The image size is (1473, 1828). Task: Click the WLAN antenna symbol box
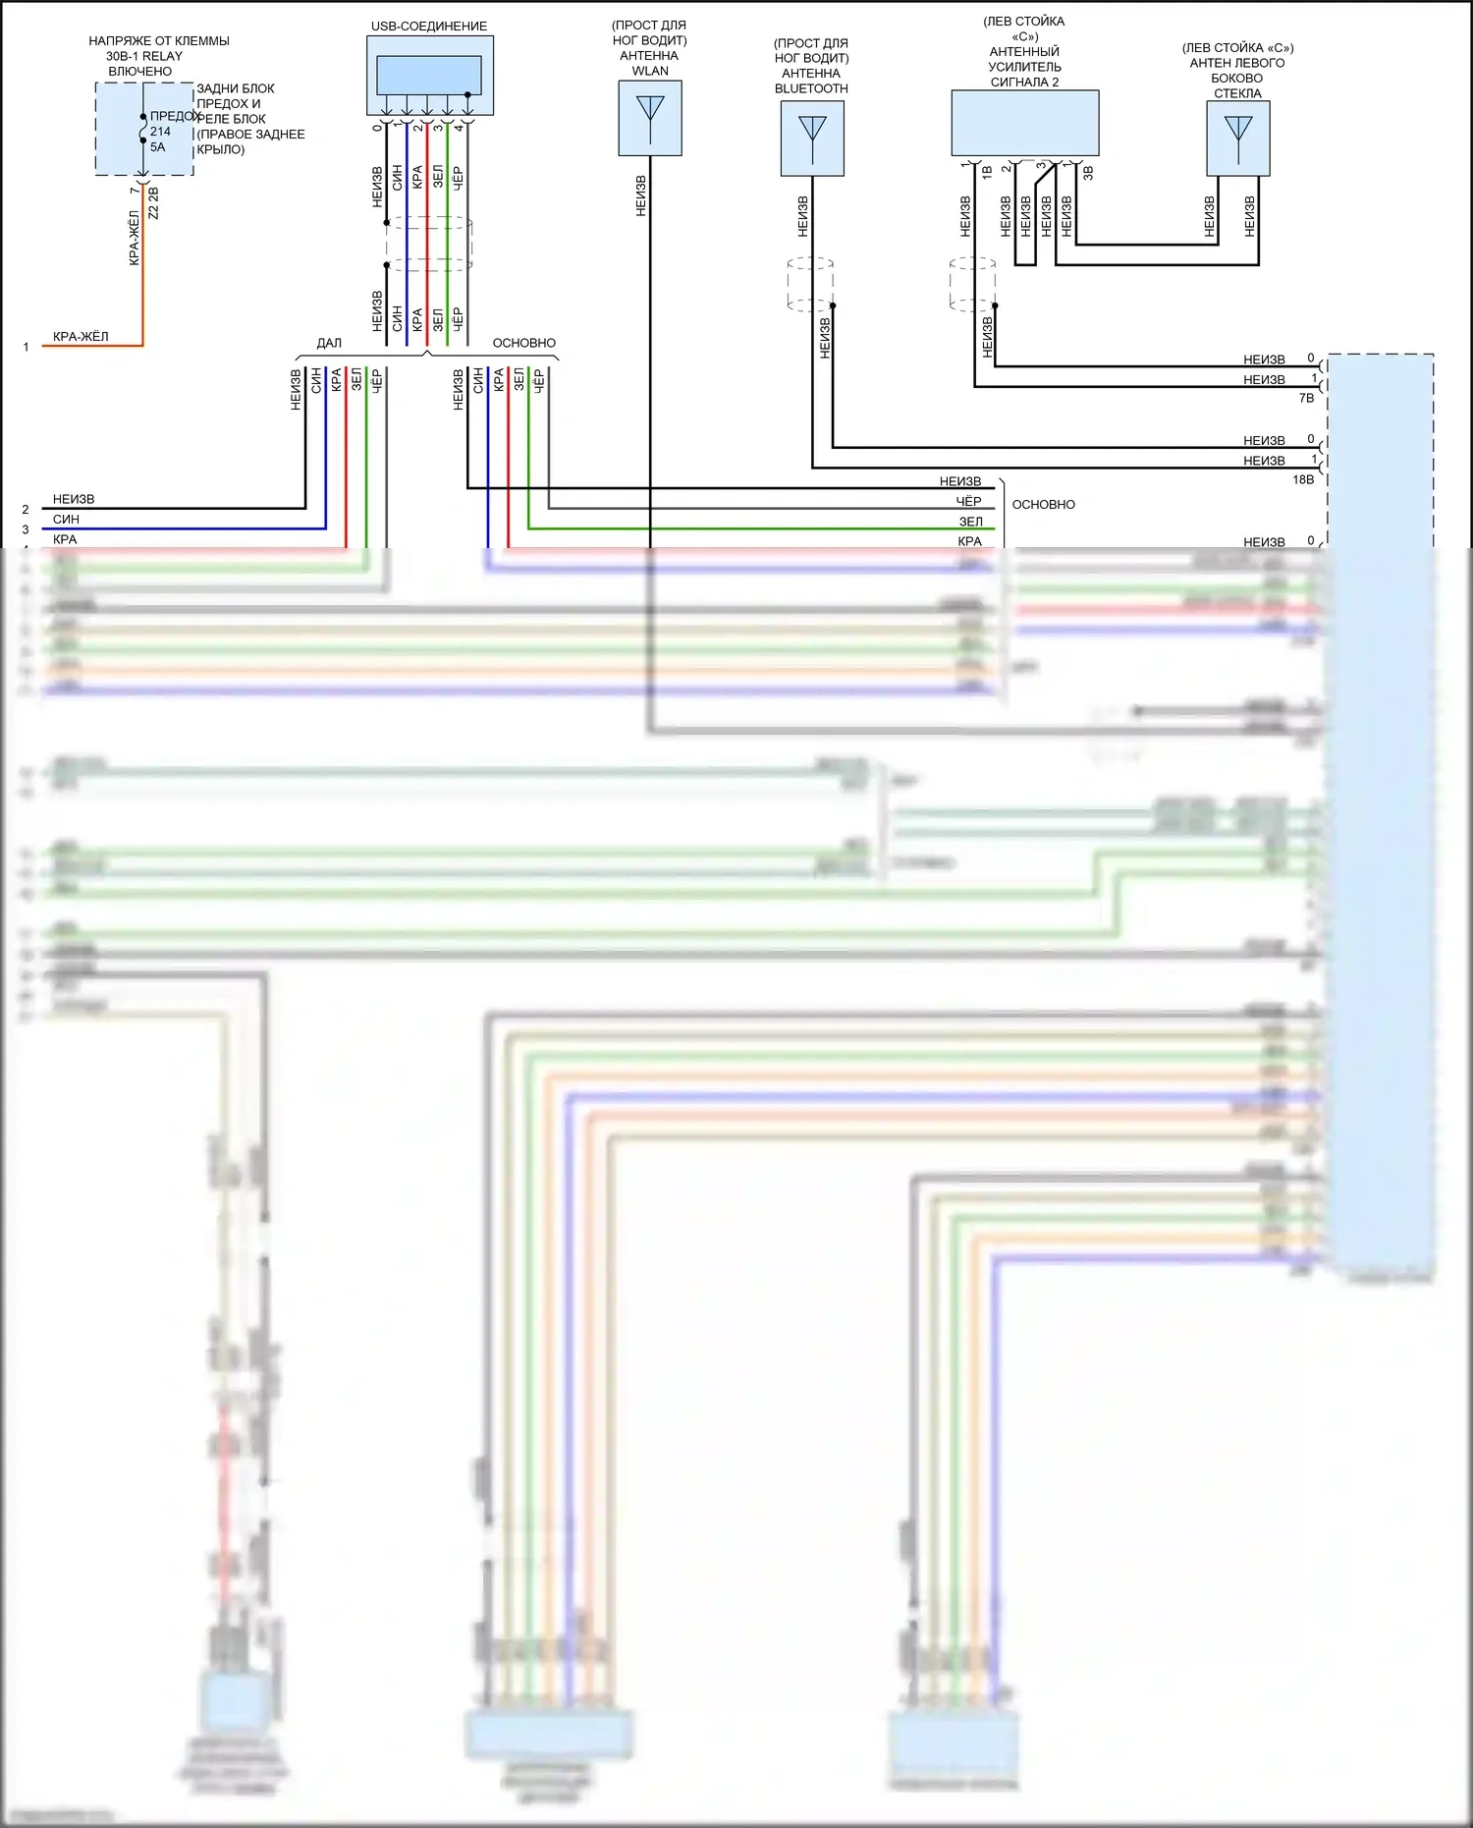649,118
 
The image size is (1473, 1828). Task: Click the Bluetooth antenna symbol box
812,138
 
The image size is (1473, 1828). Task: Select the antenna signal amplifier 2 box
1024,123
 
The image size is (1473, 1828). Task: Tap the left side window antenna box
1237,138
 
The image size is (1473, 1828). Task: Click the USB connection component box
430,76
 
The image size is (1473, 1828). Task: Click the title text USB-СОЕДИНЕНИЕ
429,27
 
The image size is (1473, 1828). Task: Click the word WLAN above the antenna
650,71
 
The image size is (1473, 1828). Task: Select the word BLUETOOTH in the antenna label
811,88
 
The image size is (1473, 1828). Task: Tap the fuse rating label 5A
158,147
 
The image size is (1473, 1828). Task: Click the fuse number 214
160,132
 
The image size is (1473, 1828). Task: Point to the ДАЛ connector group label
329,343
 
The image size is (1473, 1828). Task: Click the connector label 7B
1306,398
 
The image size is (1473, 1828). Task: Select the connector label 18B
1303,479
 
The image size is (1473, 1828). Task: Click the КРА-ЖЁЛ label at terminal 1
81,336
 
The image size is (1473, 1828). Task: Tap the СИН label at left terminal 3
66,519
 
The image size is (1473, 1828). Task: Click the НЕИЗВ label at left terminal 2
74,499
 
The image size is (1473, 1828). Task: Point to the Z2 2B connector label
153,203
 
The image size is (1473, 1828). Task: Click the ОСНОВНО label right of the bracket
1043,504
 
